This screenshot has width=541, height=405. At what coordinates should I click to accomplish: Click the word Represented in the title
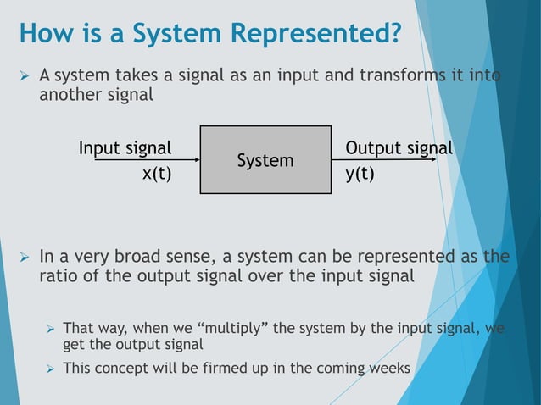click(x=313, y=34)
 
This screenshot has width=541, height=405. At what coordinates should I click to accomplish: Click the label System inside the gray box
click(x=265, y=160)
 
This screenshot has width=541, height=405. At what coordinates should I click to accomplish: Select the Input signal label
click(x=125, y=148)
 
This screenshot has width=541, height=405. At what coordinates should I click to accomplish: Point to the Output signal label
click(x=399, y=148)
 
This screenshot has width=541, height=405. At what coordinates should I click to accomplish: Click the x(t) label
click(x=156, y=175)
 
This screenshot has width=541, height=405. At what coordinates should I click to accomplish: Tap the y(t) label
click(x=360, y=175)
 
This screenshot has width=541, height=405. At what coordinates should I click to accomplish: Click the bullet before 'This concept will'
click(x=50, y=369)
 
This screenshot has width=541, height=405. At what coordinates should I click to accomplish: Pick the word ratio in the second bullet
click(x=58, y=275)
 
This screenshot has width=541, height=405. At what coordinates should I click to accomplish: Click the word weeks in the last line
click(x=391, y=369)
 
